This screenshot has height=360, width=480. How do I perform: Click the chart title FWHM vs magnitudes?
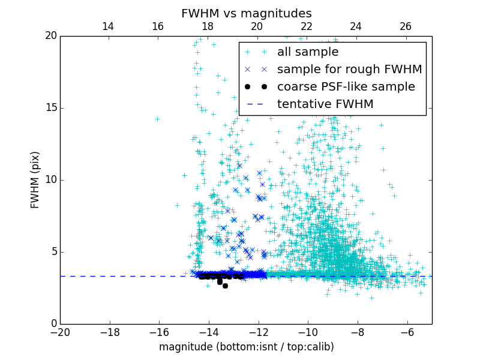click(x=246, y=13)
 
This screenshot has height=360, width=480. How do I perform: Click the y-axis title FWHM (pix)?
click(x=35, y=179)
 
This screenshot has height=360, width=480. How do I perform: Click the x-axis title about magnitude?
click(x=246, y=347)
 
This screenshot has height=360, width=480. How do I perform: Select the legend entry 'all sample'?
click(x=308, y=52)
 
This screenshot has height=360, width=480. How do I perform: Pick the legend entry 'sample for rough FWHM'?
click(x=349, y=70)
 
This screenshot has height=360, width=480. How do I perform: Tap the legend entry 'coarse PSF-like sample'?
click(x=346, y=87)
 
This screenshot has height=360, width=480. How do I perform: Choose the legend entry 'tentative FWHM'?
click(x=325, y=104)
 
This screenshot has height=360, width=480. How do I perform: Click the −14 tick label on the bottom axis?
click(x=208, y=332)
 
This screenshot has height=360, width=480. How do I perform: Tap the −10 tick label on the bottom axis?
click(x=307, y=332)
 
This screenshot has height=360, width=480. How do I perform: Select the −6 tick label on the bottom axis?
click(x=407, y=332)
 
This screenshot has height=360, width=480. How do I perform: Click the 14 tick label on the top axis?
click(x=108, y=26)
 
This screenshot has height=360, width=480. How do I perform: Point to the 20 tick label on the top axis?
click(x=257, y=26)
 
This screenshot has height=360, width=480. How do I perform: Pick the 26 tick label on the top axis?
click(x=406, y=26)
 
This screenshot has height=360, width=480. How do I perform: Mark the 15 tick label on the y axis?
click(x=49, y=108)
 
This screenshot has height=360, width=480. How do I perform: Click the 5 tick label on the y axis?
click(x=53, y=252)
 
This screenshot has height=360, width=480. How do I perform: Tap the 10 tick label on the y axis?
click(x=49, y=180)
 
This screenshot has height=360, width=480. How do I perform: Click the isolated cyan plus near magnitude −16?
click(x=157, y=119)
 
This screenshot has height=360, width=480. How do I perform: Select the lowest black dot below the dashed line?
click(x=225, y=286)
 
